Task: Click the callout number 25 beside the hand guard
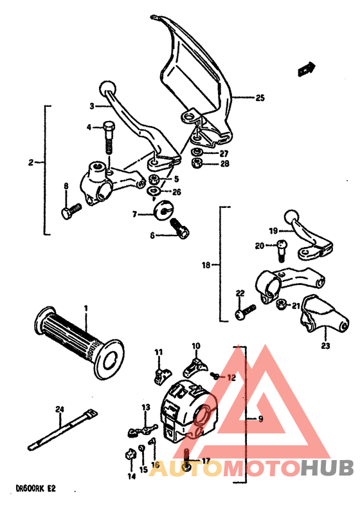(259, 98)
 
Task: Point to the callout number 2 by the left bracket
(30, 163)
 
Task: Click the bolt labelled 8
(69, 210)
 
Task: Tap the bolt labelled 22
(243, 313)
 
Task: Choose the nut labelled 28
(199, 163)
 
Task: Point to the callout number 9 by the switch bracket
(260, 419)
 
